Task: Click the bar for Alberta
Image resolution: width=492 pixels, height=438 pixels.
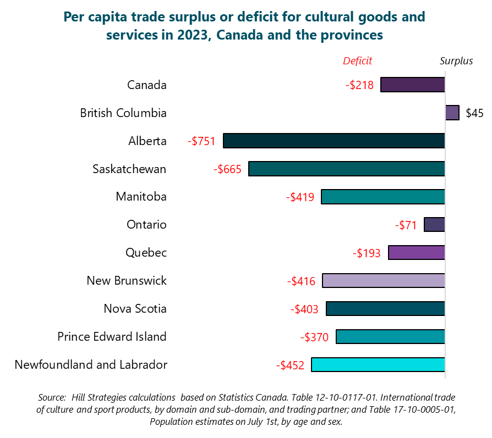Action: [x=334, y=141]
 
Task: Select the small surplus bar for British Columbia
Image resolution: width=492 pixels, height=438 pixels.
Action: [x=452, y=113]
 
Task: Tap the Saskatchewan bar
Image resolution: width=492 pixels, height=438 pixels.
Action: [x=346, y=169]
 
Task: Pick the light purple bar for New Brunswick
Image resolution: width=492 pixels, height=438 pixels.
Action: [x=383, y=281]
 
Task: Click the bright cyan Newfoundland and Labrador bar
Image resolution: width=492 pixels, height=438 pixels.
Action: [x=378, y=365]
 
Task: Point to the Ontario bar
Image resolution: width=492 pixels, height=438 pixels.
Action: [x=434, y=224]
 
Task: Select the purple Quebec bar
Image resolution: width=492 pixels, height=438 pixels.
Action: [x=416, y=253]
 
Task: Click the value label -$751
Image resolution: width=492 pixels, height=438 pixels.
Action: [x=201, y=141]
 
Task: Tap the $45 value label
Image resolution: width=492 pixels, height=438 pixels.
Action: [x=474, y=113]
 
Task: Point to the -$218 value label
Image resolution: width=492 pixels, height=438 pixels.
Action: [x=359, y=85]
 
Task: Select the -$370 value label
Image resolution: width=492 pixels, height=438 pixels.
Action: [x=314, y=337]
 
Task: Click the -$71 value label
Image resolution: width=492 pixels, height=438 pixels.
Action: [x=406, y=225]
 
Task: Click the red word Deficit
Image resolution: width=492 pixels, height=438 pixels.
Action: [x=357, y=61]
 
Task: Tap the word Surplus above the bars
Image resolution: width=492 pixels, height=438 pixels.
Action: [x=456, y=61]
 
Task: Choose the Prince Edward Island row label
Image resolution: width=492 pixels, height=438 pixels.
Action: [x=112, y=336]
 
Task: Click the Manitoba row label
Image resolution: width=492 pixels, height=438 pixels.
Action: [x=141, y=197]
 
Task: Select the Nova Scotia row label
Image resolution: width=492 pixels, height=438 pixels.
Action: [x=135, y=308]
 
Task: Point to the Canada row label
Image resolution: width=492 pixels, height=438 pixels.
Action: [x=146, y=85]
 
